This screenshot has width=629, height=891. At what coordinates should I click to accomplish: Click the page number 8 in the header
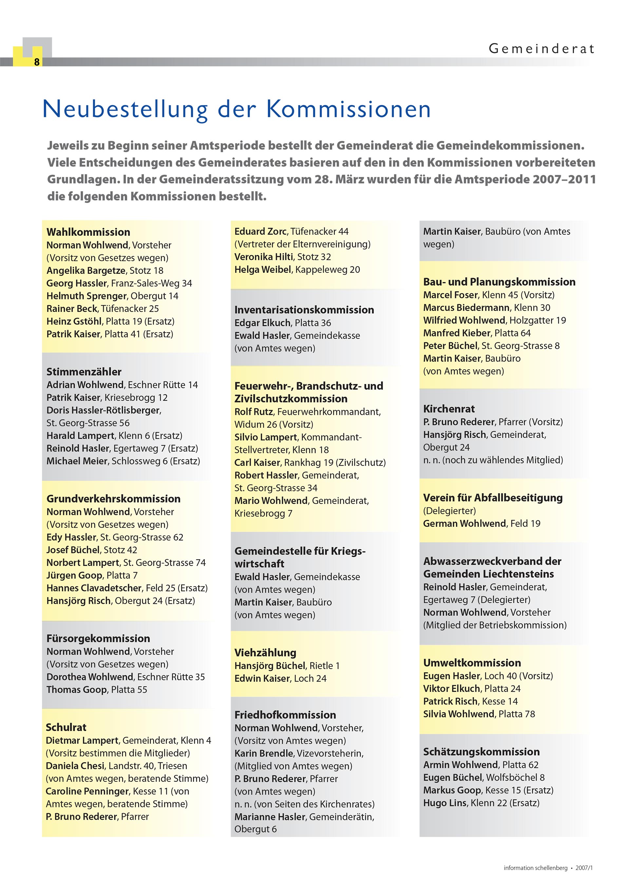pos(37,62)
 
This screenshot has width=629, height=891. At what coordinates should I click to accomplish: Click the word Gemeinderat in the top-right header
pos(541,49)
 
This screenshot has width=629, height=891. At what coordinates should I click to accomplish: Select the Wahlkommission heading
pos(88,232)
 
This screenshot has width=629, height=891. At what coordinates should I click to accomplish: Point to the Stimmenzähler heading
pos(84,372)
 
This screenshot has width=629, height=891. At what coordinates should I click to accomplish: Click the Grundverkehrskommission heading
pos(113,499)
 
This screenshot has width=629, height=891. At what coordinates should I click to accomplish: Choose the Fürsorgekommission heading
pos(98,638)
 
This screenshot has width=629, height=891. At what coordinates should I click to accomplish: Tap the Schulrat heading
pos(66,727)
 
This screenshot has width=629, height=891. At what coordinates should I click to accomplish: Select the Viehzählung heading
pos(265,653)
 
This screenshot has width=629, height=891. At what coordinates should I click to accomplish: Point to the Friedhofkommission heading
pos(285,715)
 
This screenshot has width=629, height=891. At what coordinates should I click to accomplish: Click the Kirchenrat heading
pos(449,409)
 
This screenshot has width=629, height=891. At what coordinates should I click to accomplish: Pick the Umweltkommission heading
pos(472,663)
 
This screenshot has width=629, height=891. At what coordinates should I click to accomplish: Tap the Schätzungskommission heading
pos(481,752)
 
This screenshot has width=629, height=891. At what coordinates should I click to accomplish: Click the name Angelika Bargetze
pos(86,271)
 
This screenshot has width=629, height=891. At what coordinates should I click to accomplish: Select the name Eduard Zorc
pos(260,231)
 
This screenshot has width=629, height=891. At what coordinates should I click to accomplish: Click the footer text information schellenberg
pos(535,868)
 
